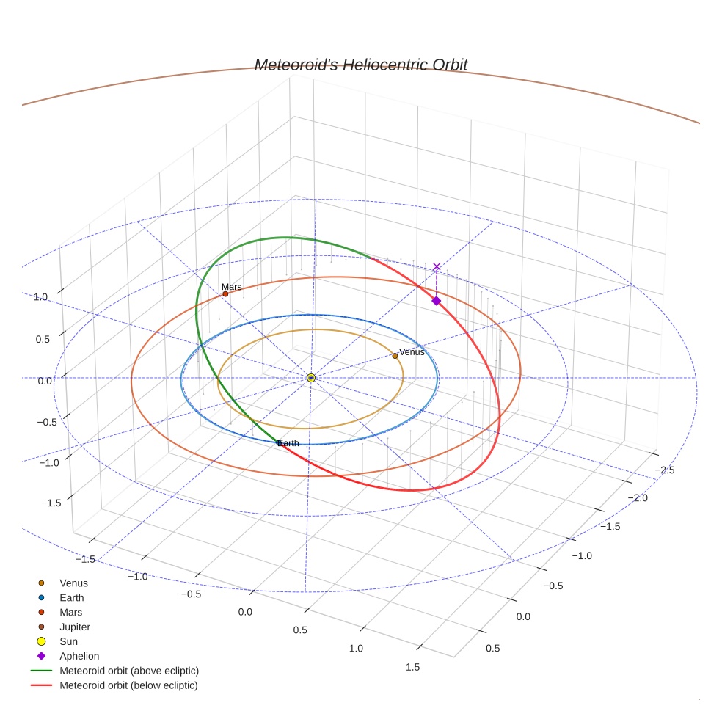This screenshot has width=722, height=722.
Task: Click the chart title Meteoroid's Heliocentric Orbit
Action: [360, 65]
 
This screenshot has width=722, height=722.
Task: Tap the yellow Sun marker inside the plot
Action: [311, 377]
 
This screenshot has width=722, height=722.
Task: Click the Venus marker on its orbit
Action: [395, 356]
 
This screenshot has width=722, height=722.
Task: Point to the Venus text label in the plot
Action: [412, 352]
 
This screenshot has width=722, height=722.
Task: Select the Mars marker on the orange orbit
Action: [225, 293]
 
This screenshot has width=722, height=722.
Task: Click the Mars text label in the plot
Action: [232, 287]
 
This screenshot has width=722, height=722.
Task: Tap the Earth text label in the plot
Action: [288, 443]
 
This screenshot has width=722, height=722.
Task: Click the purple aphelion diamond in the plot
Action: [436, 301]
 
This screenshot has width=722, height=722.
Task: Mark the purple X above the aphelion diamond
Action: [437, 267]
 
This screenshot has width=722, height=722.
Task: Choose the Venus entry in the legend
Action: [73, 583]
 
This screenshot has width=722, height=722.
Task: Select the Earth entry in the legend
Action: [72, 598]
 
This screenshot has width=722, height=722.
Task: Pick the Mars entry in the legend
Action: [70, 612]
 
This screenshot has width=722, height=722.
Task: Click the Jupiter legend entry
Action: [75, 627]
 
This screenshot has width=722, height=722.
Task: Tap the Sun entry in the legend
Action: [68, 641]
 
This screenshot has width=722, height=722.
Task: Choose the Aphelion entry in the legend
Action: [79, 656]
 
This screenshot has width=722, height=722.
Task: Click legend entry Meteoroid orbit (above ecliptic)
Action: [129, 671]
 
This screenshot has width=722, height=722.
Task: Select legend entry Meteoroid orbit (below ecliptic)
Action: [128, 685]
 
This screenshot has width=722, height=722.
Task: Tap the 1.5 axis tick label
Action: [412, 667]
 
